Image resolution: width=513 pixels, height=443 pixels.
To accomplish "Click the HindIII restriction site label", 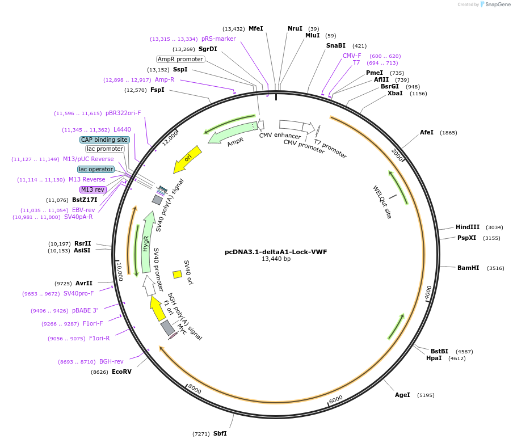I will (468, 227).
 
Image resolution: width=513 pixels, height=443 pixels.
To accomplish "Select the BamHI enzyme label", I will (468, 268).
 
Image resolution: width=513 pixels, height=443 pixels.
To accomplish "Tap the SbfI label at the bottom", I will (220, 433).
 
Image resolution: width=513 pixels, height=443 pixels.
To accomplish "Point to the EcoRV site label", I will (121, 372).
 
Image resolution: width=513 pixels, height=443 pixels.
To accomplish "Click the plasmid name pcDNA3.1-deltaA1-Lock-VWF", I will (276, 252).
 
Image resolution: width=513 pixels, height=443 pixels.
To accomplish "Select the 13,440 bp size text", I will (276, 259).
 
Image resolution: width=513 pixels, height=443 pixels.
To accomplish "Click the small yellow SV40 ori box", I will (177, 275).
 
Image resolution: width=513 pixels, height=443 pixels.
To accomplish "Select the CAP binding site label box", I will (104, 140).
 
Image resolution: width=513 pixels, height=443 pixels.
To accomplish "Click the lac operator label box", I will (96, 169).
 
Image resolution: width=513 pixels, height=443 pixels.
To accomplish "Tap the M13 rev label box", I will (92, 189).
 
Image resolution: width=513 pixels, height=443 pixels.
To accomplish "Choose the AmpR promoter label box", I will (180, 59).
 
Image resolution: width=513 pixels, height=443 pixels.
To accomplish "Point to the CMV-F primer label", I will (352, 56).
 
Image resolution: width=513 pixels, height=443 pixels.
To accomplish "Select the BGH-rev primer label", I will (111, 361).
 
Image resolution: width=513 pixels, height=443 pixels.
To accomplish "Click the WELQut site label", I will (382, 202).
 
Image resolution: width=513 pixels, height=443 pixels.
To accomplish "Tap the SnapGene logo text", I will (495, 5).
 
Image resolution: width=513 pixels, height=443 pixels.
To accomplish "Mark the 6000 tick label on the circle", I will (335, 399).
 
